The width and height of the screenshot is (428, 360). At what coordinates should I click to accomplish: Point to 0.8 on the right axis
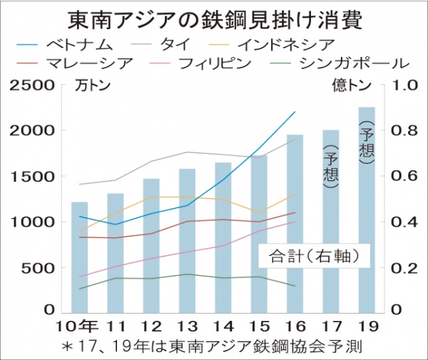click(402, 131)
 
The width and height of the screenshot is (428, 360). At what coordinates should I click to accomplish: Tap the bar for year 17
click(330, 221)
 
